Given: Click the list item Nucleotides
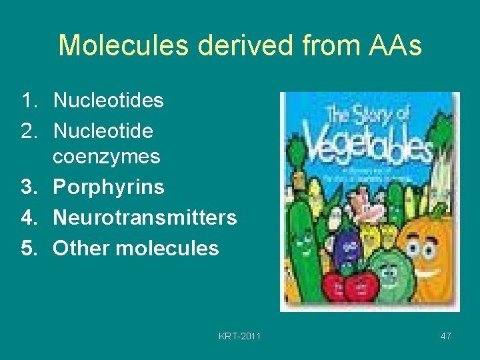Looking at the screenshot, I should pyautogui.click(x=108, y=101).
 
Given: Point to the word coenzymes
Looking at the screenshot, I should pyautogui.click(x=107, y=157).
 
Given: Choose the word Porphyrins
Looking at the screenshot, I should pyautogui.click(x=108, y=187).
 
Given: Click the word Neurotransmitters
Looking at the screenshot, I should pyautogui.click(x=145, y=217).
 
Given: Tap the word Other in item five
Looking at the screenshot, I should pyautogui.click(x=81, y=248).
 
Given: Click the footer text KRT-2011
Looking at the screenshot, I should pyautogui.click(x=239, y=336).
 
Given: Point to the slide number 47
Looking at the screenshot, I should pyautogui.click(x=445, y=336).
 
